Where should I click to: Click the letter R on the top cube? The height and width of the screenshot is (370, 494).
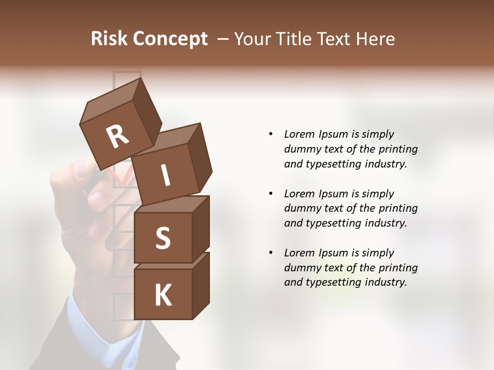pyautogui.click(x=117, y=136)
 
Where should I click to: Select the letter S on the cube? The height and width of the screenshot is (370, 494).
pyautogui.click(x=163, y=238)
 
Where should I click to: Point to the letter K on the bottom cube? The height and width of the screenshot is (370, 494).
pyautogui.click(x=163, y=295)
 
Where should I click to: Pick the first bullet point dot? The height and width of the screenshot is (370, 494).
pyautogui.click(x=271, y=134)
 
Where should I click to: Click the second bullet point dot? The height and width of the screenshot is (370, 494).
pyautogui.click(x=271, y=194)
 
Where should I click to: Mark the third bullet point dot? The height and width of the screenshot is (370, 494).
pyautogui.click(x=271, y=253)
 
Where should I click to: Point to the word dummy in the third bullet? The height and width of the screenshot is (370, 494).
pyautogui.click(x=301, y=268)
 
